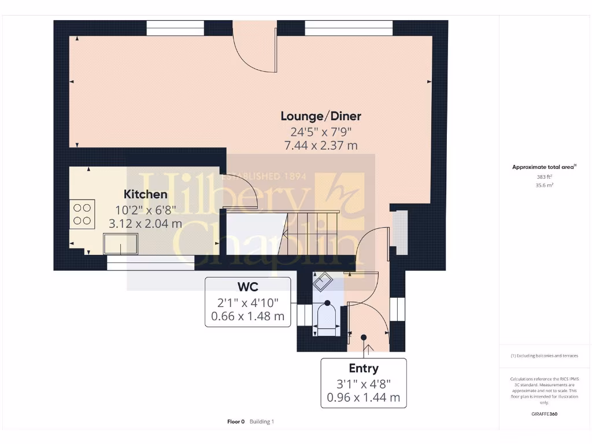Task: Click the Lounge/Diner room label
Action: [x=321, y=116]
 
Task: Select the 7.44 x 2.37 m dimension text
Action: [x=321, y=145]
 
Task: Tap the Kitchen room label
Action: [x=146, y=194]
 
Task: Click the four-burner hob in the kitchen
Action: [x=82, y=213]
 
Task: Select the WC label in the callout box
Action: [x=247, y=286]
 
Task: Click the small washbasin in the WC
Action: [x=322, y=282]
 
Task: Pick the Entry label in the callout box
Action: [x=364, y=368]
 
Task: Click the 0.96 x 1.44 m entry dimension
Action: [x=364, y=398]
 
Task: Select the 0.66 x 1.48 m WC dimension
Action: [x=247, y=316]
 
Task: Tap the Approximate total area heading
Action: [x=544, y=167]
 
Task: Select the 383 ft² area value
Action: [x=544, y=177]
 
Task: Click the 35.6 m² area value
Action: [x=544, y=186]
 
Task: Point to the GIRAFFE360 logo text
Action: [x=544, y=414]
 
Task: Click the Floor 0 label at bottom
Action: [x=236, y=421]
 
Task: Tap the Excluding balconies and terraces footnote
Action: [x=544, y=356]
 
